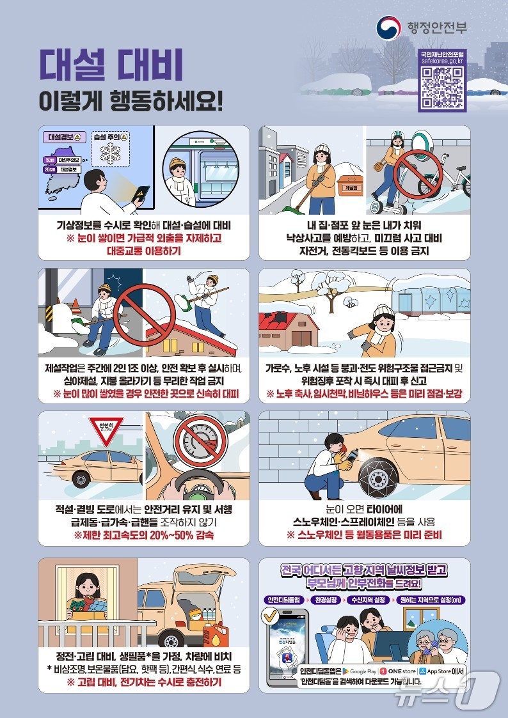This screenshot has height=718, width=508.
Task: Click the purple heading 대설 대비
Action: pos(111,66)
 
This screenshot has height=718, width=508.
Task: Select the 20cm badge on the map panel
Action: pos(49,169)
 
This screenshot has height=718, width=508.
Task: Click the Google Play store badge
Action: pos(358,671)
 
